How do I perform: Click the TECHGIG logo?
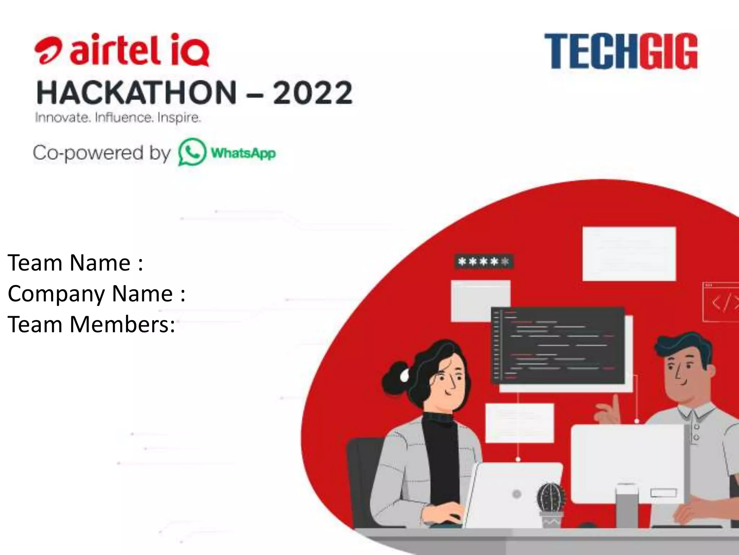[621, 51]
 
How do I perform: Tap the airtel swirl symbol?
[48, 52]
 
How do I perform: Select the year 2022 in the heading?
[312, 92]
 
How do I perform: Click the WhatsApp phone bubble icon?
[192, 152]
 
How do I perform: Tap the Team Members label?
[91, 324]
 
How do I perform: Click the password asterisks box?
[483, 261]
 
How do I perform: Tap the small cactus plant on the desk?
[551, 499]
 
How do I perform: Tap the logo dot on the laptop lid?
[517, 494]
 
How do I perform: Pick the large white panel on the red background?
[629, 254]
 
